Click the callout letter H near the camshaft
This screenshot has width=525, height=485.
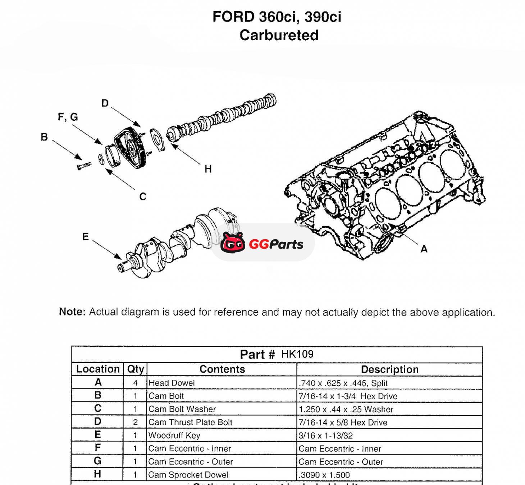point(208,169)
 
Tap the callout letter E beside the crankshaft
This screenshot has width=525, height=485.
point(85,237)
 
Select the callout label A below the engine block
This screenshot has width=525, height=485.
point(424,249)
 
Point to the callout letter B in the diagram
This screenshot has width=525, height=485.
point(44,137)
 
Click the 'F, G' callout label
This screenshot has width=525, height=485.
point(68,117)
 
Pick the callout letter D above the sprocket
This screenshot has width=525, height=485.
point(105,103)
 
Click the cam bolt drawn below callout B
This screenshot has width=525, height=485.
point(84,166)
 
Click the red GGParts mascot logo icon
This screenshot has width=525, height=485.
point(233,242)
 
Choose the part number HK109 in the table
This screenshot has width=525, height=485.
point(297,354)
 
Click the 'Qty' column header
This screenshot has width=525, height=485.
point(135,369)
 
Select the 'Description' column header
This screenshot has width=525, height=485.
point(389,369)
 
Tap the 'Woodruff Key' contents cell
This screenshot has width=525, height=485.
point(174,435)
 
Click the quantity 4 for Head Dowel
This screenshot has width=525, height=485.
point(135,383)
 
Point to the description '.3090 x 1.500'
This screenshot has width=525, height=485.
point(324,475)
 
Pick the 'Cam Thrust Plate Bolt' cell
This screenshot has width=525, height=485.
point(190,422)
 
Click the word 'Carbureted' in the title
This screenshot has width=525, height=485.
point(279,35)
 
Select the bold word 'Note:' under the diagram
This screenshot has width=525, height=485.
point(72,312)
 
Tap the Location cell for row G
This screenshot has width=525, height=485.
point(97,461)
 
